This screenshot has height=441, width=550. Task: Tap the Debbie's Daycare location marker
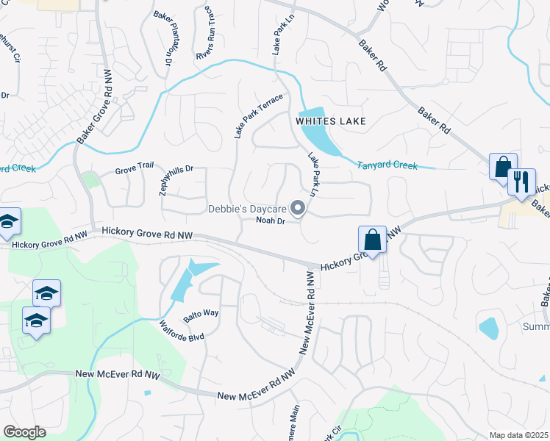tap(299, 209)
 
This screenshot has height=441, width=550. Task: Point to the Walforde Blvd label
tap(180, 329)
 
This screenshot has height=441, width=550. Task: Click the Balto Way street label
tap(201, 313)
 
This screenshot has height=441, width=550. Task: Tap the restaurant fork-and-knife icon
tap(521, 182)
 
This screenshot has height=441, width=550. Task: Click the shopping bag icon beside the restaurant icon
tap(504, 167)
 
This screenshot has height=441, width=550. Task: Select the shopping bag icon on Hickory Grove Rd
tap(373, 240)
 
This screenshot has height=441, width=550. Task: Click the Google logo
tap(24, 432)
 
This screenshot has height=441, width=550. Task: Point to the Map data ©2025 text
tap(519, 435)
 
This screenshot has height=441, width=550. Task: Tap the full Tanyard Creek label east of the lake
tap(387, 166)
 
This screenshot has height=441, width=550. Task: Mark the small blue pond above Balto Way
tap(193, 279)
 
